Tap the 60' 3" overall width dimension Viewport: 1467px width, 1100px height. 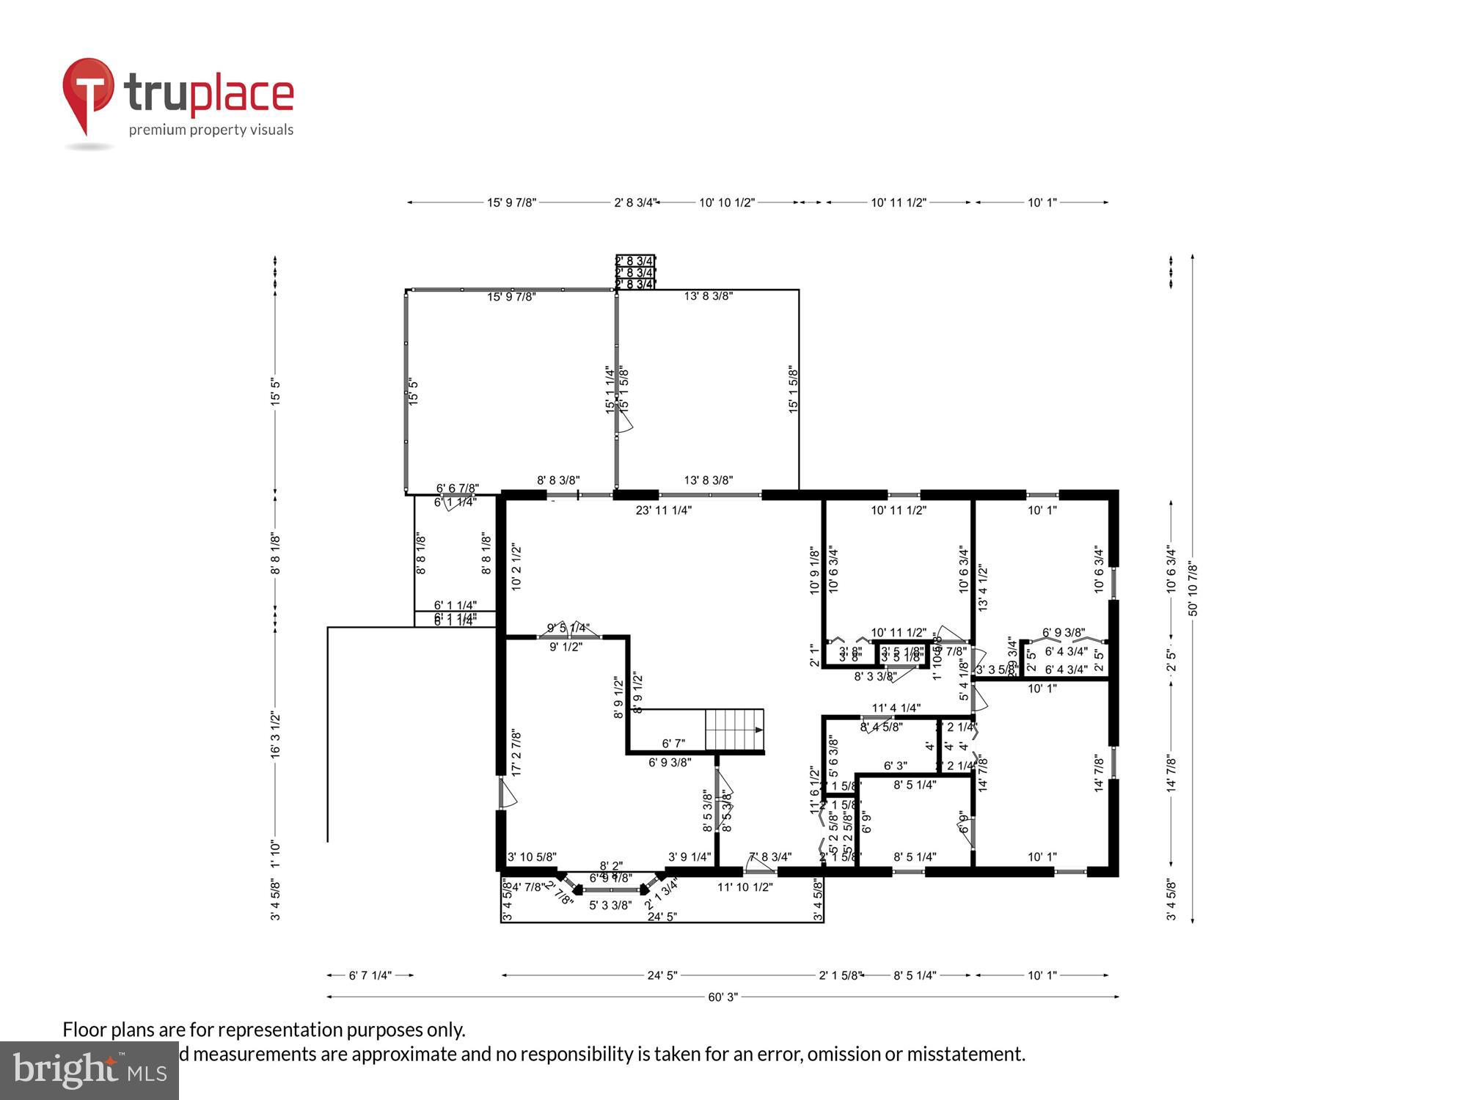(722, 997)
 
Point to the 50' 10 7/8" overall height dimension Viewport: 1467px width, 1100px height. (1193, 589)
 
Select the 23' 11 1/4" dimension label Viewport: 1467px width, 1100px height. (663, 510)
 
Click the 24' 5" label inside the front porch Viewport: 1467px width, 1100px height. (662, 917)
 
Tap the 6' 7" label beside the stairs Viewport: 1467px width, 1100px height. (673, 744)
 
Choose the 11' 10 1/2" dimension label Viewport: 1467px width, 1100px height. (745, 887)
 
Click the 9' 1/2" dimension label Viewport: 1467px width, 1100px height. (566, 648)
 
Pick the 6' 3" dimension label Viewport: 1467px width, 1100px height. (895, 766)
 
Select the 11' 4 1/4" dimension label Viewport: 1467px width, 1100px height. (896, 708)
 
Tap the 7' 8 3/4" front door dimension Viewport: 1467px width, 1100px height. (769, 857)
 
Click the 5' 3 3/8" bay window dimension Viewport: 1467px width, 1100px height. (610, 905)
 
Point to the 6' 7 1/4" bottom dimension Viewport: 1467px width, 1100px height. (370, 975)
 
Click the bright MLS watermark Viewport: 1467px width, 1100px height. (89, 1071)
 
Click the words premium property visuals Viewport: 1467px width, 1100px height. (211, 131)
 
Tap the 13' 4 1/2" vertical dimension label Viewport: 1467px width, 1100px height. (983, 588)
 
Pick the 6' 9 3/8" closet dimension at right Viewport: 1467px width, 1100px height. (1063, 632)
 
